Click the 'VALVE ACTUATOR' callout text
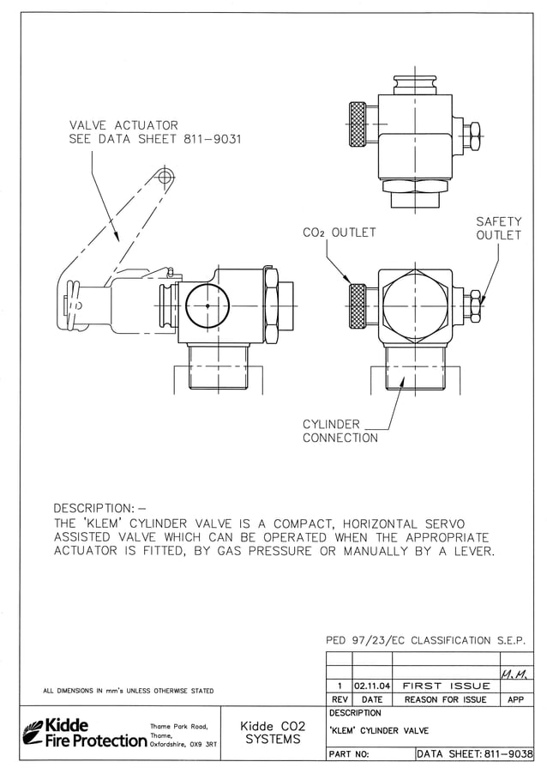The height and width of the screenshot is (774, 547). coord(123,125)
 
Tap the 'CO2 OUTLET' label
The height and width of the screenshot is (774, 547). coord(339,233)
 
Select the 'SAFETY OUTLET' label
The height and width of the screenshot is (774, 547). coord(498,228)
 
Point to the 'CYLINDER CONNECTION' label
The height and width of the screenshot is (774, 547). coord(340,431)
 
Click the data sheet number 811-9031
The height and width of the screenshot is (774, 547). coord(212,140)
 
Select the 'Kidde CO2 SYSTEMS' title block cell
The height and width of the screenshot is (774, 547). coord(273,732)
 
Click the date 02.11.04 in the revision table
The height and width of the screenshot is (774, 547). coord(371,686)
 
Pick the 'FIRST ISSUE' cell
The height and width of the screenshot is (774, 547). coord(446,686)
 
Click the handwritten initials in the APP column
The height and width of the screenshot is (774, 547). coord(514,672)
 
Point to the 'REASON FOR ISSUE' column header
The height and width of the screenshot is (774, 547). coord(445,699)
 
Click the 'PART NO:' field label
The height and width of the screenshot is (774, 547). coord(349,754)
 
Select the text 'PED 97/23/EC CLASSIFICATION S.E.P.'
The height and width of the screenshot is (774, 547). coord(425,640)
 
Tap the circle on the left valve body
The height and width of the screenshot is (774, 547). coord(207,305)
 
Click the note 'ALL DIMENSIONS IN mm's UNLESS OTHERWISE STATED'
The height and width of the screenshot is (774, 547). coord(129,691)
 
